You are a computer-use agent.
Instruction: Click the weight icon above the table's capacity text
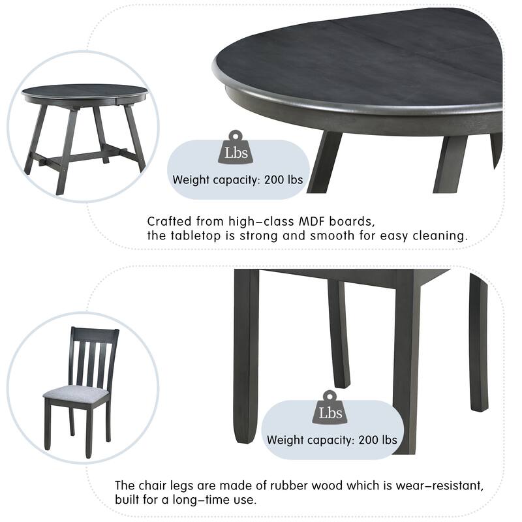pos(235,149)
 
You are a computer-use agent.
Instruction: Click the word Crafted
pos(168,222)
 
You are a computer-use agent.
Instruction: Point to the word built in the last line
pos(129,500)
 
